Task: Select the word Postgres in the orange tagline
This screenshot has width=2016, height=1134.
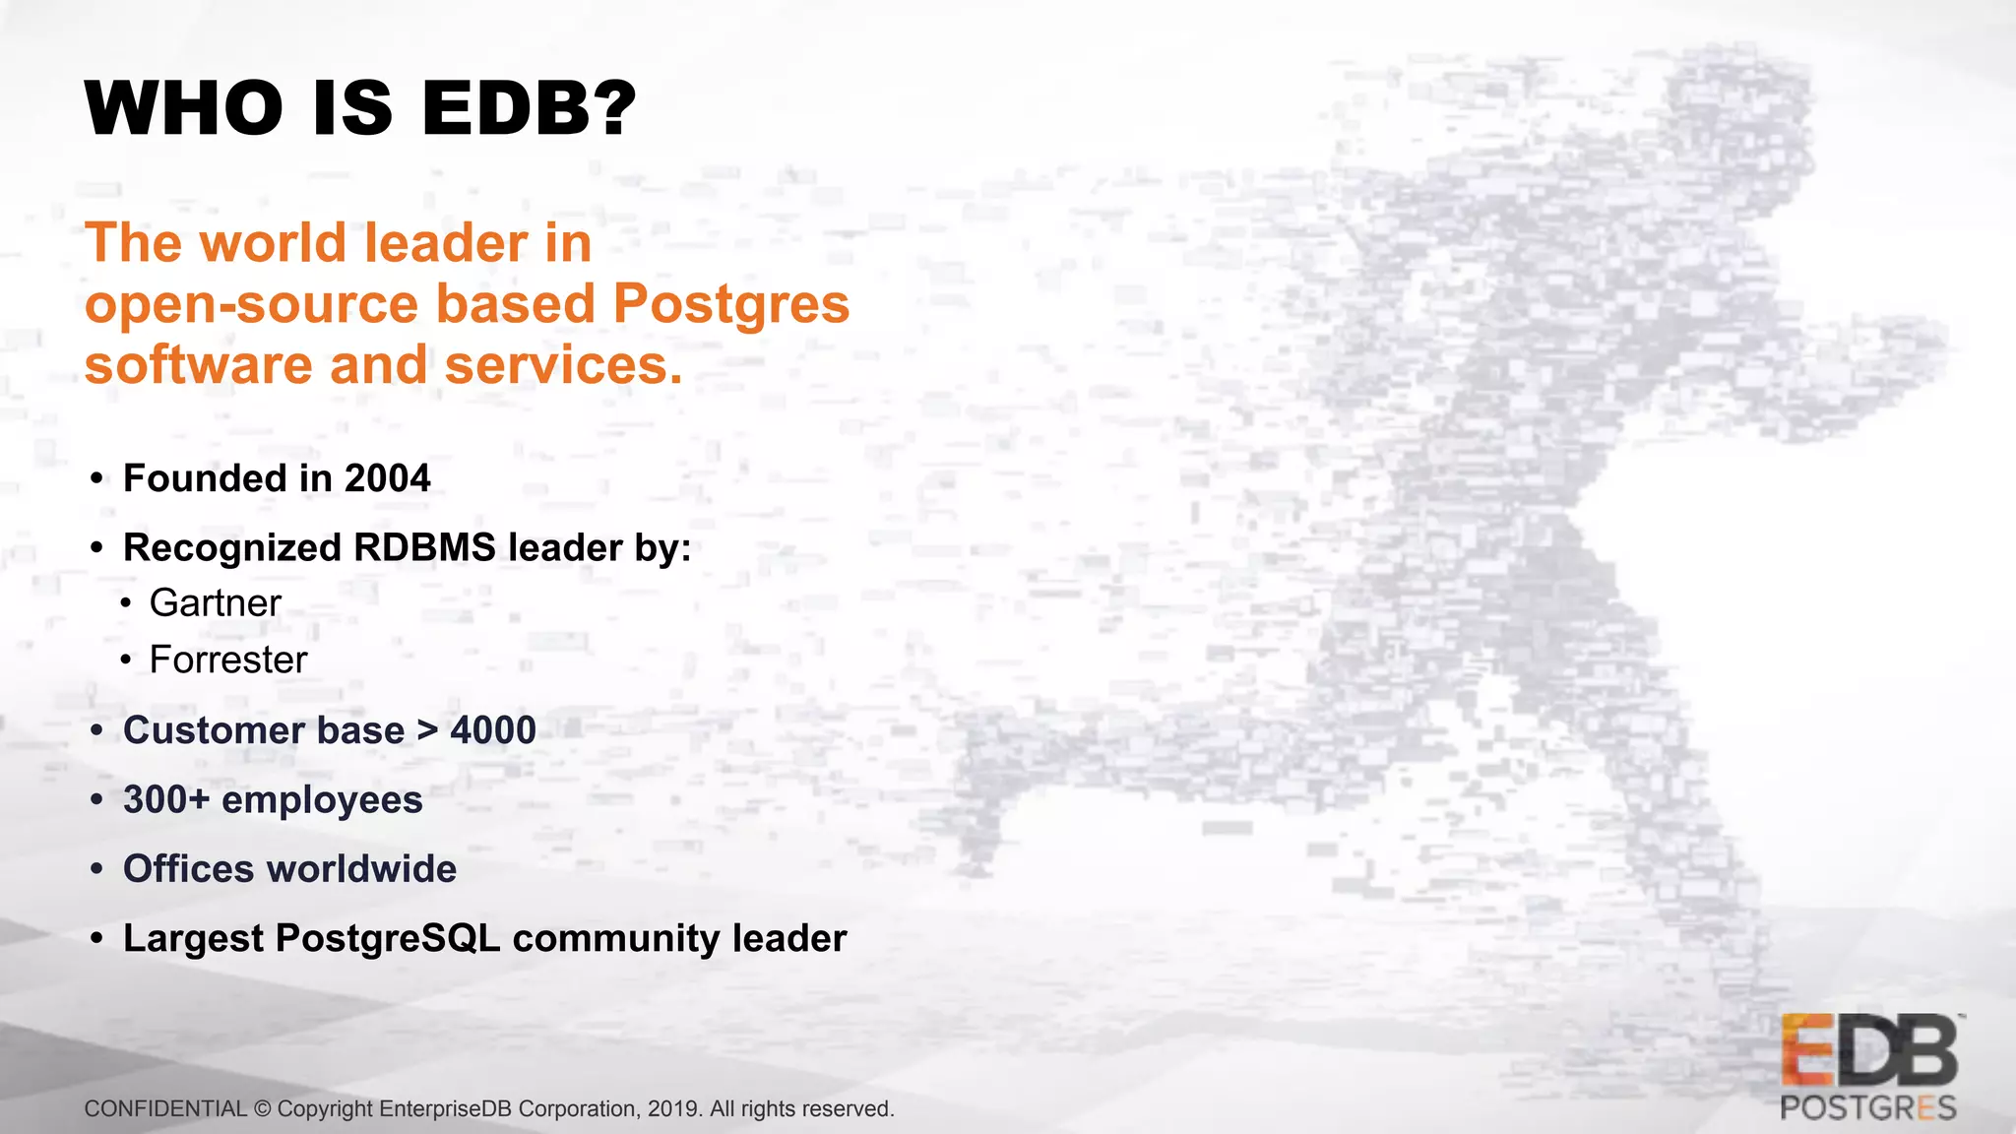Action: pyautogui.click(x=730, y=304)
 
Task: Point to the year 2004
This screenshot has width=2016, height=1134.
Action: pyautogui.click(x=387, y=479)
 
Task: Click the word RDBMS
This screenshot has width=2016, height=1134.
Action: pyautogui.click(x=424, y=548)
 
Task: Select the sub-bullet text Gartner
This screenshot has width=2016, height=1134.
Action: pyautogui.click(x=215, y=603)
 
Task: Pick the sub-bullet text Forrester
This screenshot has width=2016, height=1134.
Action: pyautogui.click(x=228, y=661)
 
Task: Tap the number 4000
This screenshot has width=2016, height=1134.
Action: pyautogui.click(x=492, y=730)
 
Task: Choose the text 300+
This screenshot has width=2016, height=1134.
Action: pyautogui.click(x=166, y=800)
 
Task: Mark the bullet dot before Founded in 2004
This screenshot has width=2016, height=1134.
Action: pyautogui.click(x=96, y=479)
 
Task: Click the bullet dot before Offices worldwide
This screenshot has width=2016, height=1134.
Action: pyautogui.click(x=96, y=870)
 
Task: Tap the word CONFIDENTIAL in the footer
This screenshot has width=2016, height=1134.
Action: pyautogui.click(x=165, y=1109)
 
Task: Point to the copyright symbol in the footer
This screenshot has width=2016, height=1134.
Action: pyautogui.click(x=262, y=1109)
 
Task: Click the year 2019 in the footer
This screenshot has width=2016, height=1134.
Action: pyautogui.click(x=673, y=1109)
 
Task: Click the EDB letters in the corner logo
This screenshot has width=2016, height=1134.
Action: pyautogui.click(x=1868, y=1051)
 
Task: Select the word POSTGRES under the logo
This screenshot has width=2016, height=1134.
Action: pyautogui.click(x=1868, y=1108)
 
